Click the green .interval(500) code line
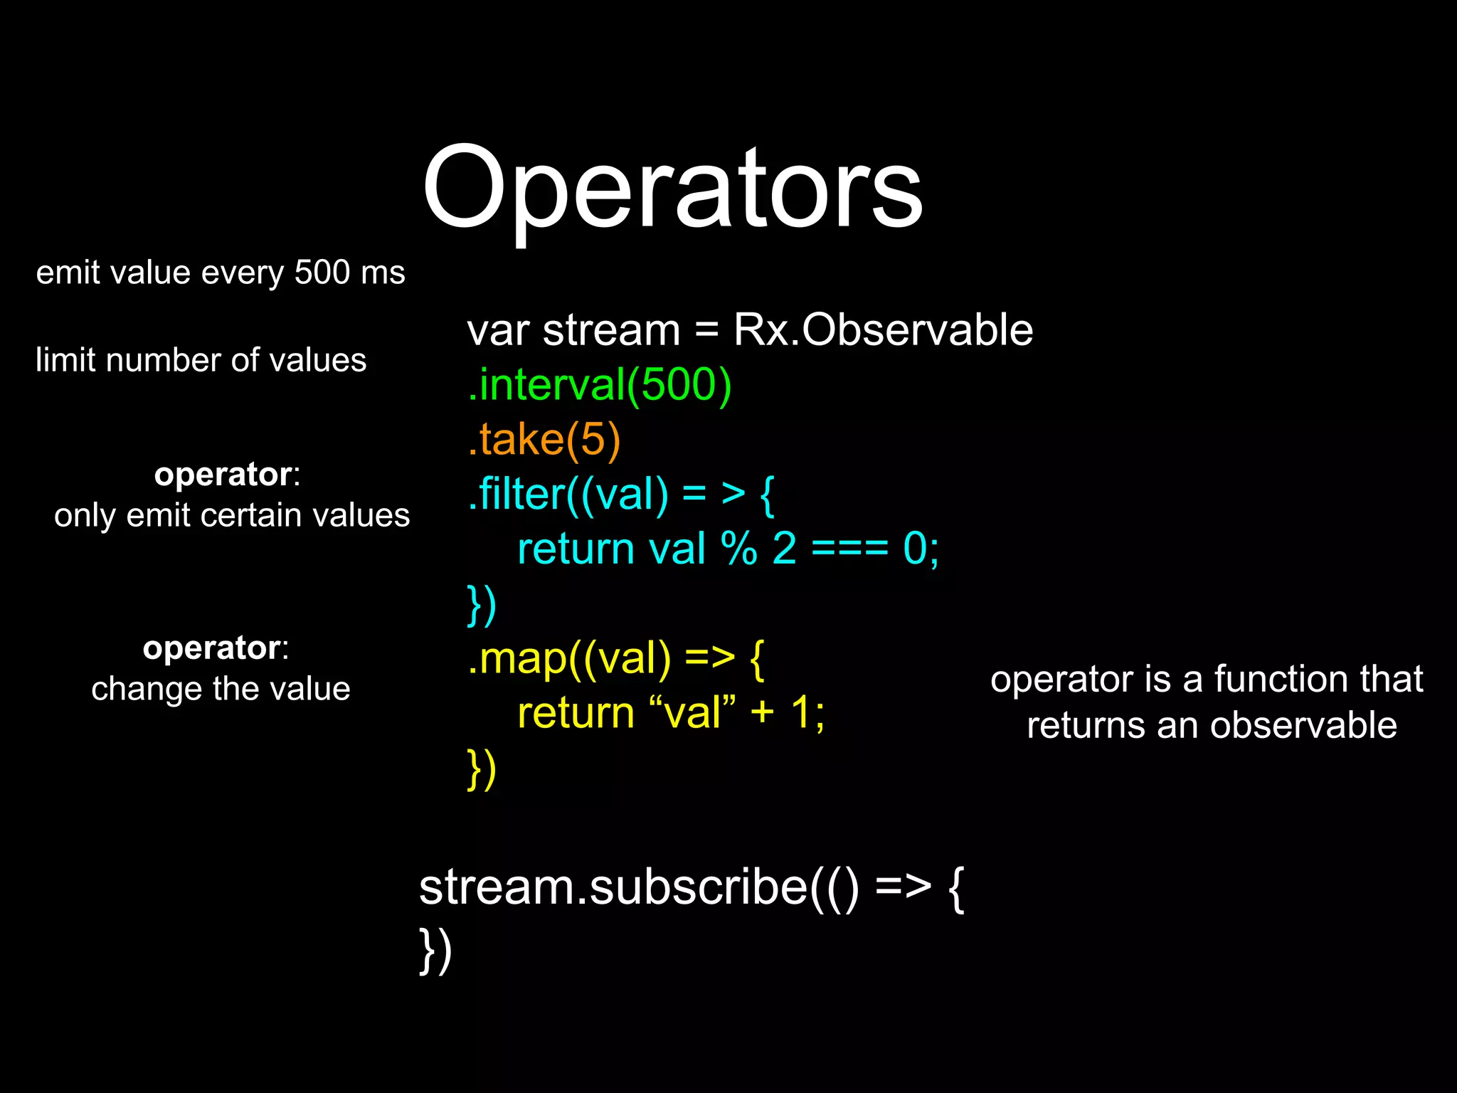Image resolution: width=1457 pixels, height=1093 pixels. coord(599,385)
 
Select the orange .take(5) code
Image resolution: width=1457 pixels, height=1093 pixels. coord(544,439)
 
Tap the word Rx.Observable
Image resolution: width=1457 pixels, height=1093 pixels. coord(883,330)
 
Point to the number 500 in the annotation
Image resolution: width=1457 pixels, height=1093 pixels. coord(322,273)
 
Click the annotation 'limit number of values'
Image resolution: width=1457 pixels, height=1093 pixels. coord(201,360)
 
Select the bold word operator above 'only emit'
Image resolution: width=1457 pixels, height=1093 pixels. coord(223,474)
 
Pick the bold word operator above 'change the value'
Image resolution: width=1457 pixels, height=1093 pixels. coord(211,648)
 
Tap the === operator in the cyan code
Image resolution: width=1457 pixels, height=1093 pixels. coord(849,549)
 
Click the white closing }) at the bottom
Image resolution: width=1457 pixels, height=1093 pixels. coord(435,950)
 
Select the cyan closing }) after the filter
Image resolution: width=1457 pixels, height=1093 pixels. coord(482,605)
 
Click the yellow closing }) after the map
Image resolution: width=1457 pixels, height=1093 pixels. coord(482,769)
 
